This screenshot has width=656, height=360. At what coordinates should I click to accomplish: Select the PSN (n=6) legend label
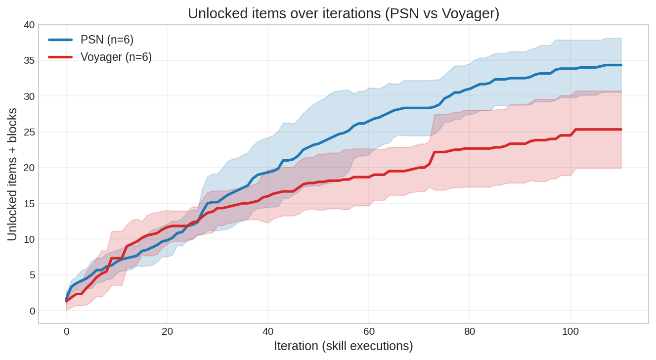coord(107,40)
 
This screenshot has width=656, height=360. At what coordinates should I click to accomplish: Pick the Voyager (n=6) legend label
coord(116,57)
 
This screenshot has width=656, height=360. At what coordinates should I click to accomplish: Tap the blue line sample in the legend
coord(60,40)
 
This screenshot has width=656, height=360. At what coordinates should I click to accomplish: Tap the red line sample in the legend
coord(60,57)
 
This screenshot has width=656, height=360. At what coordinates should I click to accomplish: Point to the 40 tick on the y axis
coord(29,25)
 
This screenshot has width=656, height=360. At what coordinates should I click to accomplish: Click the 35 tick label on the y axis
coord(29,61)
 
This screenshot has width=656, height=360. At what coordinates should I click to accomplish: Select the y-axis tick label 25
coord(29,132)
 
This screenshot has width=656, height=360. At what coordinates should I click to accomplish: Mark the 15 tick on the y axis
coord(29,204)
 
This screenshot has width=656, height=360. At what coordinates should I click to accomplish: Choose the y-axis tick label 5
coord(32,275)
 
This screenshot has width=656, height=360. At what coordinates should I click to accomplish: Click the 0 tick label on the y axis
coord(32,311)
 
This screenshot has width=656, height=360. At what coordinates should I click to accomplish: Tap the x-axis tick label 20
coord(167,332)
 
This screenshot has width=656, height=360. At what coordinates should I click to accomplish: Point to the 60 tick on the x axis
coord(369,332)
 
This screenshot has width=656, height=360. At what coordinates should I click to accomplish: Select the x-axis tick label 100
coord(570,332)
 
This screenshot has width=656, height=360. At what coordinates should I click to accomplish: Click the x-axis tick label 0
coord(66,332)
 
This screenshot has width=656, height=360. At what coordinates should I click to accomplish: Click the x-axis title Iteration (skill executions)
coord(344,346)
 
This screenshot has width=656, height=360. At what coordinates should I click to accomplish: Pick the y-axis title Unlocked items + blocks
coord(12,175)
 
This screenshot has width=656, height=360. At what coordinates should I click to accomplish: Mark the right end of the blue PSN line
coord(621,65)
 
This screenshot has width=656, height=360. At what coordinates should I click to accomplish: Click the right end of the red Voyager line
coord(621,129)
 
